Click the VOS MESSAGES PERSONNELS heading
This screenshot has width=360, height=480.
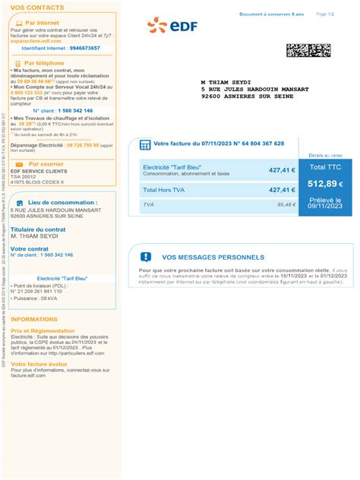click(213, 257)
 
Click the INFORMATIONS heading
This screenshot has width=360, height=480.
click(34, 320)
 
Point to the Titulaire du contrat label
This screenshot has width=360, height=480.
click(38, 229)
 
